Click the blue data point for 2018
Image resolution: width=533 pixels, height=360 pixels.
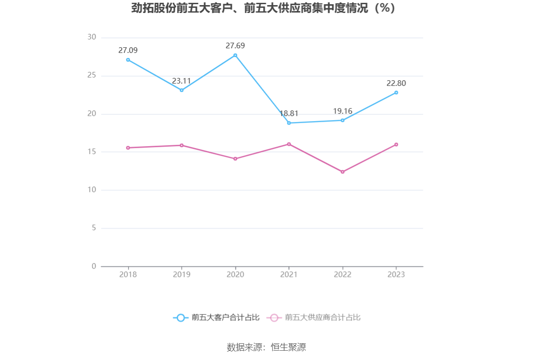pyautogui.click(x=128, y=60)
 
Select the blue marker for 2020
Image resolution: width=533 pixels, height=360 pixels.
pyautogui.click(x=235, y=55)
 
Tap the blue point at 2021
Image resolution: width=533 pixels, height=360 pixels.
pyautogui.click(x=289, y=123)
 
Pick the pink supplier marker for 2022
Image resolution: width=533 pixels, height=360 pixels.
pyautogui.click(x=343, y=172)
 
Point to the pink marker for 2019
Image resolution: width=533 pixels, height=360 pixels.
pyautogui.click(x=182, y=145)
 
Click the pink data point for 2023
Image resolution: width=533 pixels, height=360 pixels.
pyautogui.click(x=396, y=144)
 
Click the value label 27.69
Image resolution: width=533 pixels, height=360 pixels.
pyautogui.click(x=235, y=45)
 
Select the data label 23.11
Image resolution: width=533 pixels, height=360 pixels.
pyautogui.click(x=182, y=81)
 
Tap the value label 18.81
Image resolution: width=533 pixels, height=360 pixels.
pyautogui.click(x=289, y=114)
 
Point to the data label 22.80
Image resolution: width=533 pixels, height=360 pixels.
pyautogui.click(x=396, y=84)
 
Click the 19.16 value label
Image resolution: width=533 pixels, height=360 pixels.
pyautogui.click(x=343, y=111)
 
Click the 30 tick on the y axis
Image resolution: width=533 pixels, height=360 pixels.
pyautogui.click(x=91, y=38)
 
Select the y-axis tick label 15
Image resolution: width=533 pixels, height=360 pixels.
pyautogui.click(x=91, y=152)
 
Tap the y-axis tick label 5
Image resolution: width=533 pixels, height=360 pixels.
pyautogui.click(x=93, y=228)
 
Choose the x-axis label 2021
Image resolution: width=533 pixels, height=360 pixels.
pyautogui.click(x=289, y=275)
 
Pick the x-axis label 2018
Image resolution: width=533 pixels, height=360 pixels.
pyautogui.click(x=128, y=275)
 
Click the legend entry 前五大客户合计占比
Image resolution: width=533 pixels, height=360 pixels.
pyautogui.click(x=216, y=318)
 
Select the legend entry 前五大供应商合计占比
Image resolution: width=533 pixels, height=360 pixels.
pyautogui.click(x=314, y=318)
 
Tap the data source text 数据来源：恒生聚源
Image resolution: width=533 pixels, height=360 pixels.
pyautogui.click(x=266, y=347)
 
